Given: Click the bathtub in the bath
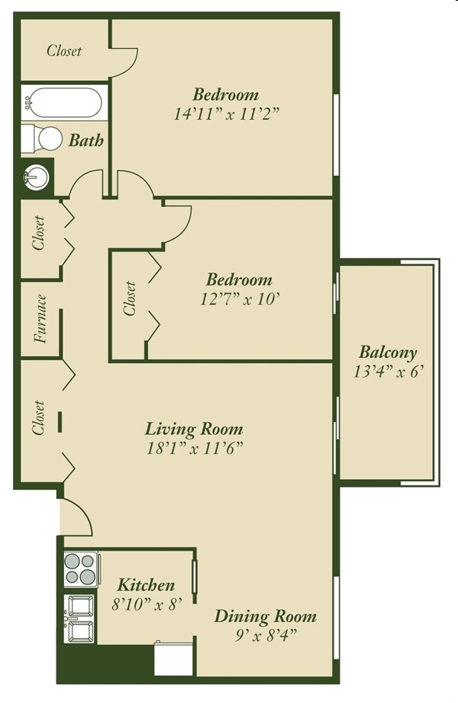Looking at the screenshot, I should pyautogui.click(x=64, y=102).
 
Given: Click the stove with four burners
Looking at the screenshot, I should pyautogui.click(x=80, y=569).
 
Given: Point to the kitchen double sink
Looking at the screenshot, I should pyautogui.click(x=80, y=619).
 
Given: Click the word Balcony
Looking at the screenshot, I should pyautogui.click(x=388, y=353).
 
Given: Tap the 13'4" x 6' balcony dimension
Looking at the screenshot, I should pyautogui.click(x=388, y=372).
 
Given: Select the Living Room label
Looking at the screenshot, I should pyautogui.click(x=194, y=428).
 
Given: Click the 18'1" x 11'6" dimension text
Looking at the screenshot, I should pyautogui.click(x=194, y=448).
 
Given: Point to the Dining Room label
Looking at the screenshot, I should pyautogui.click(x=265, y=616).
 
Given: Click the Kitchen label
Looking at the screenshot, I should pyautogui.click(x=146, y=585).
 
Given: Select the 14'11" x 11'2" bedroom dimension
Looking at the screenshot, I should pyautogui.click(x=225, y=115).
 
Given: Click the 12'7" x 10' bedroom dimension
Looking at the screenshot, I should pyautogui.click(x=236, y=300).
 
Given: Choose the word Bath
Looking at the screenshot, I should pyautogui.click(x=85, y=141).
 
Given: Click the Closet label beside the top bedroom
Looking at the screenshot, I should pyautogui.click(x=64, y=51).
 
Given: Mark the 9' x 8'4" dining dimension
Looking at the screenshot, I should pyautogui.click(x=265, y=634).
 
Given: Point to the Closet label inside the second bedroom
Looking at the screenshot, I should pyautogui.click(x=130, y=299).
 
